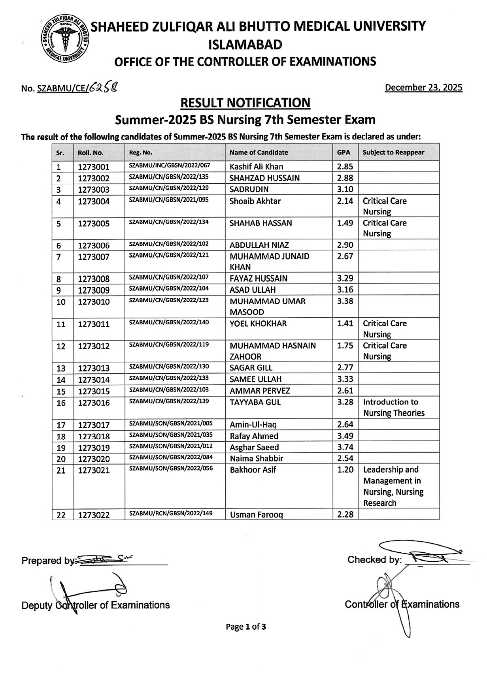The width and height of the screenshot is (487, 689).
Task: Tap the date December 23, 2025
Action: pyautogui.click(x=423, y=88)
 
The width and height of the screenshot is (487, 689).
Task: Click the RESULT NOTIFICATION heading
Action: pyautogui.click(x=245, y=103)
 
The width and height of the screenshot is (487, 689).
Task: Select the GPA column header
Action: pyautogui.click(x=344, y=152)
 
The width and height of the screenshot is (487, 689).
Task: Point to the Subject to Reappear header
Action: pyautogui.click(x=393, y=152)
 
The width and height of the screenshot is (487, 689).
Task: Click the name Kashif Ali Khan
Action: pyautogui.click(x=256, y=167)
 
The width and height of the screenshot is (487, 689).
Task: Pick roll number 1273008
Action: pyautogui.click(x=94, y=279)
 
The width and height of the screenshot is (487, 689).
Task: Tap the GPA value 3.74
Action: pyautogui.click(x=345, y=447)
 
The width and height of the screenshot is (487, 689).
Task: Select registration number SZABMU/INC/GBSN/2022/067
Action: pyautogui.click(x=169, y=166)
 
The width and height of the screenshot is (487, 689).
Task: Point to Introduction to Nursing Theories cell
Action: pyautogui.click(x=394, y=408)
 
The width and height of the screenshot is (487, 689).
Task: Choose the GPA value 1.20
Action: pyautogui.click(x=345, y=470)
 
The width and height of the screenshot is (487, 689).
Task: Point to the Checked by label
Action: pyautogui.click(x=374, y=560)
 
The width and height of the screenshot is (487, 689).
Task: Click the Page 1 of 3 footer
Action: pyautogui.click(x=245, y=627)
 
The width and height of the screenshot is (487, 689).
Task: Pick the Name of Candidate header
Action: pyautogui.click(x=259, y=152)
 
